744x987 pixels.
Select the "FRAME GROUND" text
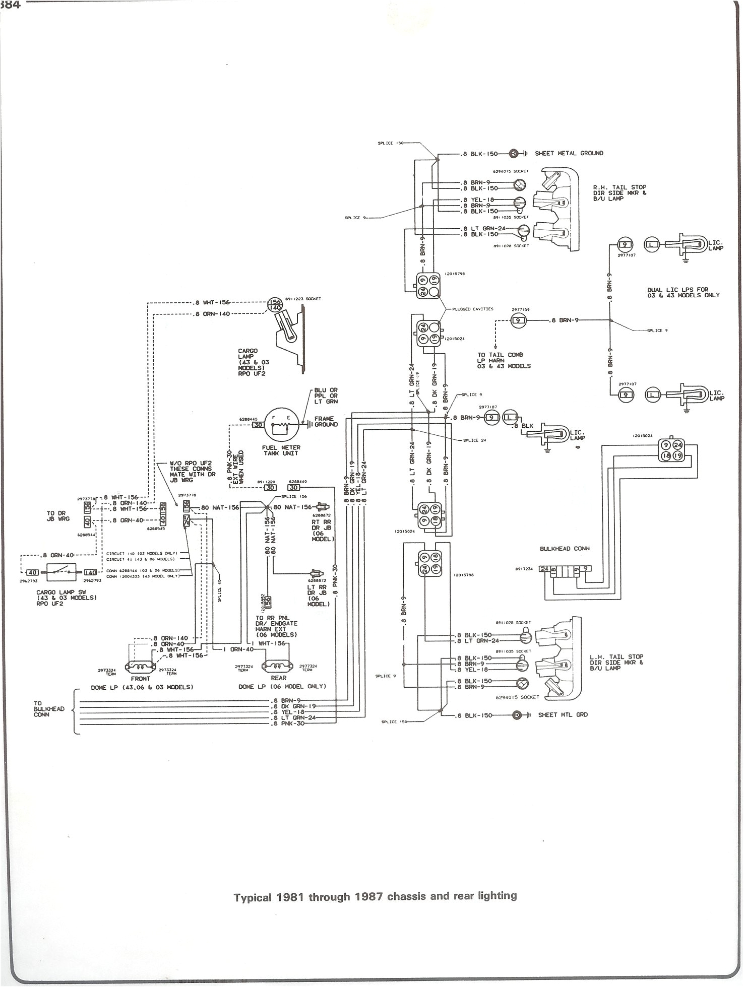(326, 422)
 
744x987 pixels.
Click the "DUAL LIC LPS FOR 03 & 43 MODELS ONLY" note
(683, 293)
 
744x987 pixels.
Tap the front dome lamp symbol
(140, 667)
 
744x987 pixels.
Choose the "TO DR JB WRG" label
(57, 515)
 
